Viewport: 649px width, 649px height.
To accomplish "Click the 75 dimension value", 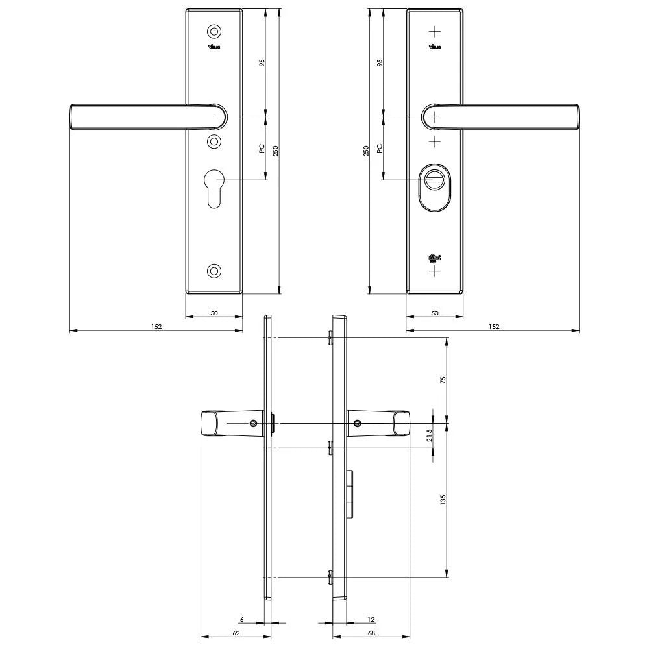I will [x=443, y=380].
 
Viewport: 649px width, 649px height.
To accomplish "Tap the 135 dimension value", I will [x=443, y=500].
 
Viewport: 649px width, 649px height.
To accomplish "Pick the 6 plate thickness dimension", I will [x=241, y=620].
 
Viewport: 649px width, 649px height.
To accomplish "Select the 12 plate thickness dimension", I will [x=371, y=620].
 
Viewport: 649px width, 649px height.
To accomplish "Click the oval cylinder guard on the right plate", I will [x=435, y=188].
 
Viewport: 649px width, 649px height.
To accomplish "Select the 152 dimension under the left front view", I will [x=156, y=326].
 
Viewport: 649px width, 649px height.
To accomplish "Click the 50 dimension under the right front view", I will [x=435, y=313].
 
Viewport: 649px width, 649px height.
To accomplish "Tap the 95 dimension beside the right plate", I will [x=380, y=62].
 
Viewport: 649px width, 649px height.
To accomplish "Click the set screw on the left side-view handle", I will [x=252, y=424].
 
